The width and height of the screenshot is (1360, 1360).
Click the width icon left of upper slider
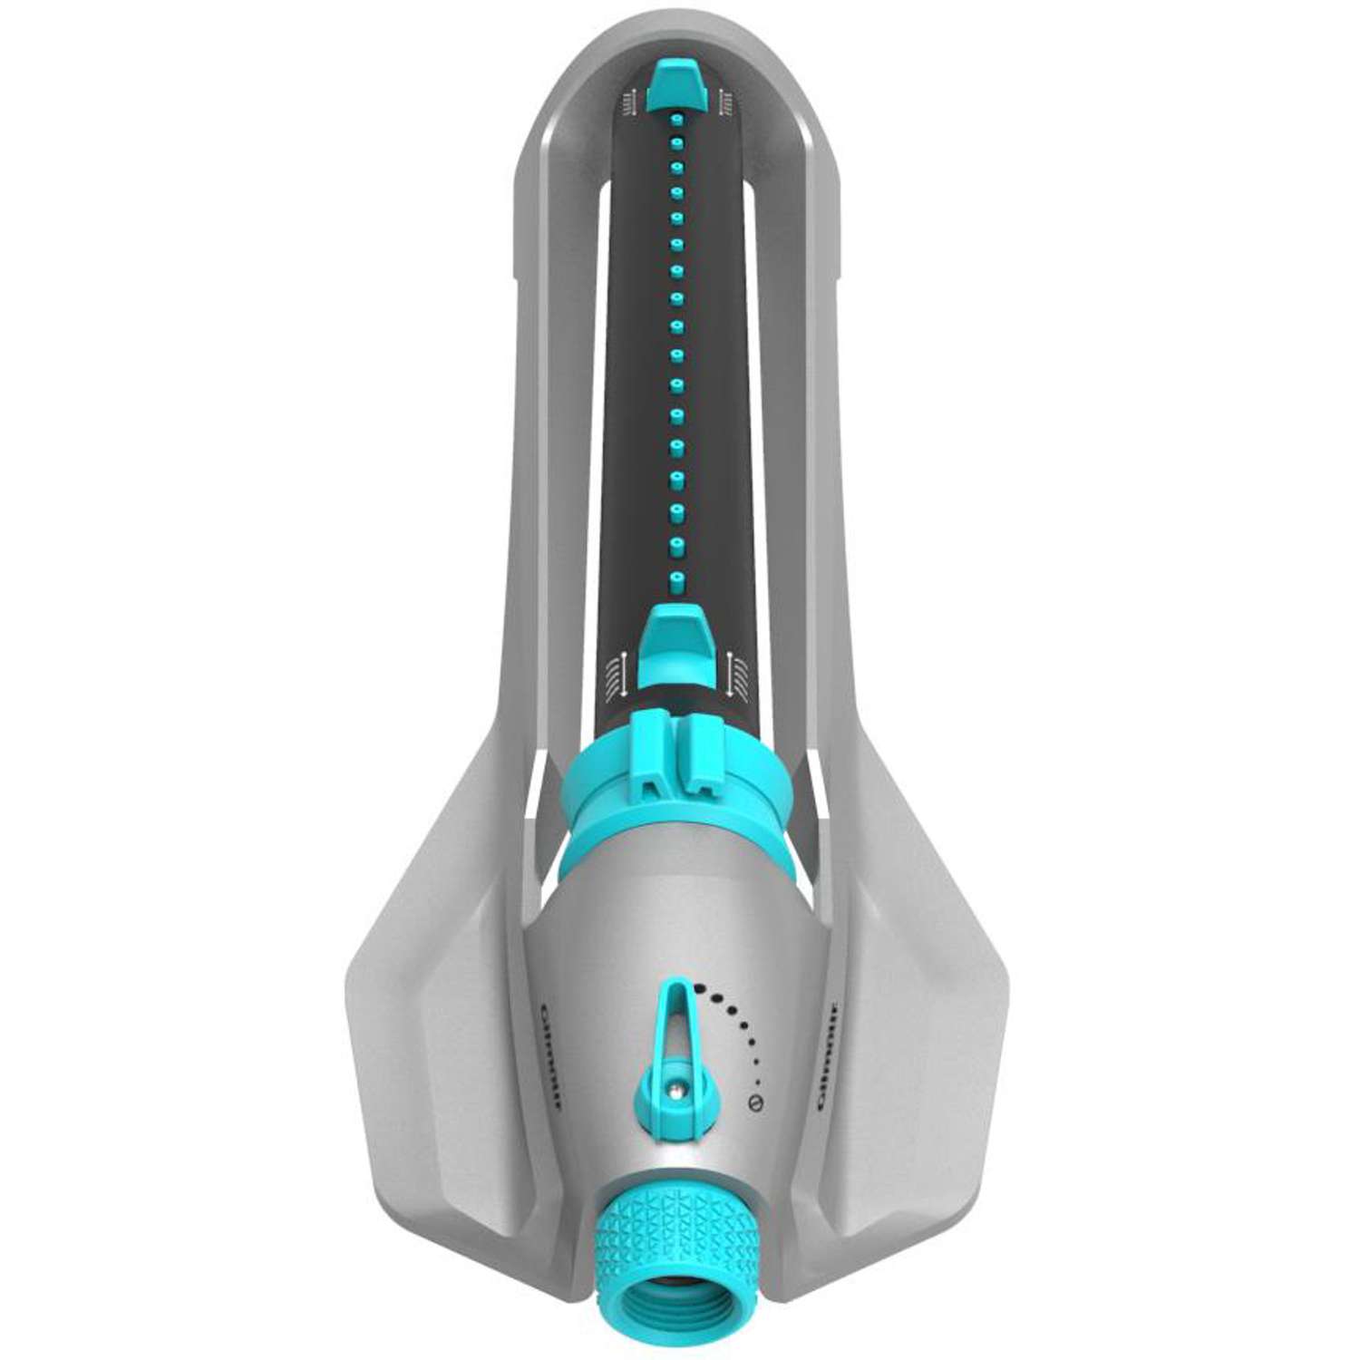tap(625, 103)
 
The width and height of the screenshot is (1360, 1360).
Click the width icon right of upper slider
tap(724, 103)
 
